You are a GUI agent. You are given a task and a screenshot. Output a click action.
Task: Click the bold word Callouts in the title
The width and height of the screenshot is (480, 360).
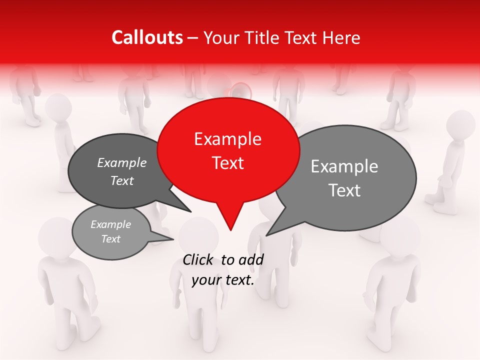click(x=147, y=37)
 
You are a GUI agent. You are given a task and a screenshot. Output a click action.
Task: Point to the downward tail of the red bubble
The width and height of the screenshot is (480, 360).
click(x=230, y=222)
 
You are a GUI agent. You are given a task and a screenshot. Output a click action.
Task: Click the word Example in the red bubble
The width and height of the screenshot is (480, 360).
click(x=227, y=139)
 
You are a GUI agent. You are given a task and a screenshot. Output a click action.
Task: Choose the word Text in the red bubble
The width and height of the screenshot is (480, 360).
click(x=227, y=163)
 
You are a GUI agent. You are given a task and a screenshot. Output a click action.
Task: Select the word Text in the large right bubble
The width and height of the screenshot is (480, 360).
click(x=345, y=190)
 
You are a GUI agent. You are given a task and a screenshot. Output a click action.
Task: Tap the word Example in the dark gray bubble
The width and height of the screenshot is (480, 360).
click(x=121, y=162)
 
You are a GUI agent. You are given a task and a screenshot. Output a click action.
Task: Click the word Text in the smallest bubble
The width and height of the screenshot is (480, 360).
click(x=110, y=239)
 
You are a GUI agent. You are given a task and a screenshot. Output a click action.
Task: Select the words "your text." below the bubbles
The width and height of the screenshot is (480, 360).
click(x=223, y=280)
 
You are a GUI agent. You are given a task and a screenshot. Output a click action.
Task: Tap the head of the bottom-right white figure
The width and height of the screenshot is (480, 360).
click(x=400, y=235)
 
